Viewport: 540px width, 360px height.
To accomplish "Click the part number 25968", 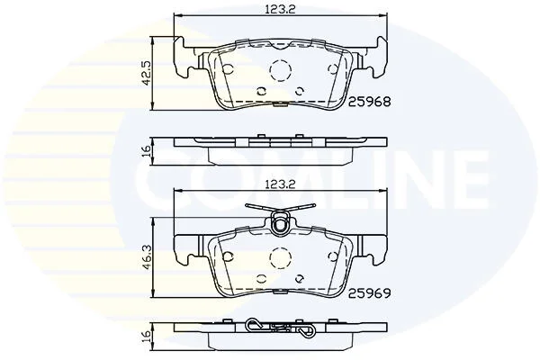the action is pyautogui.click(x=370, y=102).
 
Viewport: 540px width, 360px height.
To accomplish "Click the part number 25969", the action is pyautogui.click(x=370, y=293).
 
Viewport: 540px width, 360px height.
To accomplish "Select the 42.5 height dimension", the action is pyautogui.click(x=147, y=74).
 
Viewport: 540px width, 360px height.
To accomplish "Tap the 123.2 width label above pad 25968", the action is pyautogui.click(x=280, y=9).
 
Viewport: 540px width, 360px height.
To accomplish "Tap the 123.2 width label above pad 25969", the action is pyautogui.click(x=280, y=184).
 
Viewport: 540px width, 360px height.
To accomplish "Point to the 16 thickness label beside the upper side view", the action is pyautogui.click(x=147, y=151).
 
